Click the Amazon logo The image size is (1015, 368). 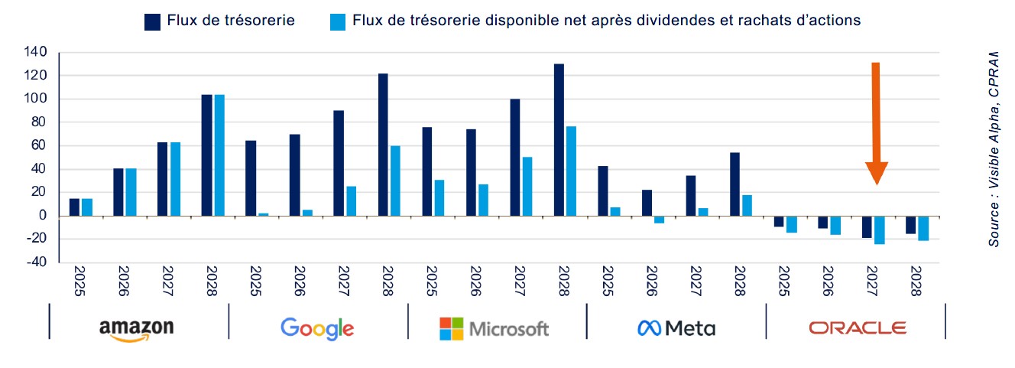[x=136, y=328]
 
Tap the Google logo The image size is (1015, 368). [x=316, y=328]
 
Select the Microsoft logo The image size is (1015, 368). [x=495, y=329]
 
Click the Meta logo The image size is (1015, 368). [x=676, y=329]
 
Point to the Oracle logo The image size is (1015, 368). [x=858, y=328]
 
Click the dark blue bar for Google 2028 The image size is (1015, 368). [x=383, y=145]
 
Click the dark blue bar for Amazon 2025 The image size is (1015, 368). [x=74, y=207]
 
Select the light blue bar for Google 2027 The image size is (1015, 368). [x=351, y=201]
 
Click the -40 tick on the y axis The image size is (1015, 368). [x=37, y=262]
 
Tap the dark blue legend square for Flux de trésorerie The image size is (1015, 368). [x=151, y=21]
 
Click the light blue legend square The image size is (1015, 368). [x=337, y=21]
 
